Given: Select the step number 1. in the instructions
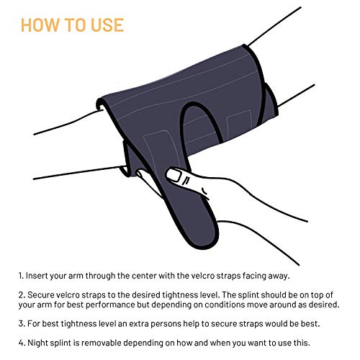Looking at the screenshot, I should (x=23, y=275).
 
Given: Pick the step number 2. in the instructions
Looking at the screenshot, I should (x=23, y=296).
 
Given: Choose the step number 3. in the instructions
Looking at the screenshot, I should (x=23, y=325).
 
